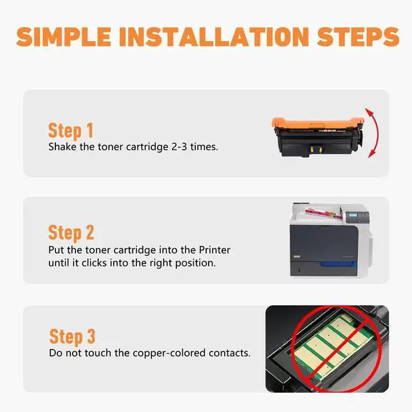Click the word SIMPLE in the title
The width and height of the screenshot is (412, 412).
tap(63, 37)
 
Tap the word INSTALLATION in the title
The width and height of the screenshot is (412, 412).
tap(214, 37)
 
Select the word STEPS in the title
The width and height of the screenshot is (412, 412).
tap(358, 37)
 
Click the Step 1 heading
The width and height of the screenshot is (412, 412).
tap(71, 131)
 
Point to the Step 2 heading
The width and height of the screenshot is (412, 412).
tap(71, 233)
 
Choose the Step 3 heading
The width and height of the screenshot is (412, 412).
tap(72, 337)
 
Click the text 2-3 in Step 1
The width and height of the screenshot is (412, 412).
tap(179, 147)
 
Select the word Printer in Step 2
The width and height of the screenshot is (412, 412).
tap(214, 250)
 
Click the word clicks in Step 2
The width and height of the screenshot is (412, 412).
tap(94, 263)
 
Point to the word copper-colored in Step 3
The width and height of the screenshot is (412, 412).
tap(169, 353)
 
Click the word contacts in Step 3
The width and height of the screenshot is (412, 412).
tap(229, 353)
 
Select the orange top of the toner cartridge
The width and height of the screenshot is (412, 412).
tap(317, 122)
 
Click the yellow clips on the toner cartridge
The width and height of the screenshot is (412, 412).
tap(316, 149)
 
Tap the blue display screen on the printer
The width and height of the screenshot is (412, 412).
tap(353, 216)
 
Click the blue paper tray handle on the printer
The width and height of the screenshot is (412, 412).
tap(339, 264)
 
